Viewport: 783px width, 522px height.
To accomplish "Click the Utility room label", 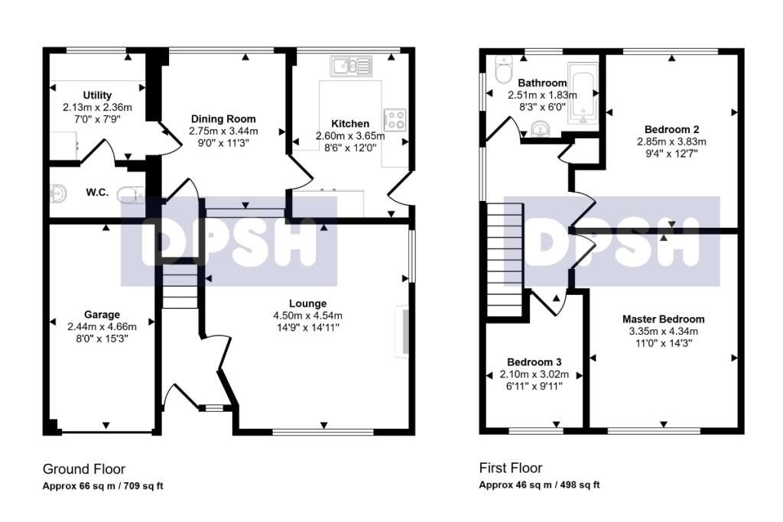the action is click(x=97, y=95).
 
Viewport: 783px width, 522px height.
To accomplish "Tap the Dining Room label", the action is click(x=223, y=118).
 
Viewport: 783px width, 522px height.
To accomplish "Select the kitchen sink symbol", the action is click(x=351, y=66).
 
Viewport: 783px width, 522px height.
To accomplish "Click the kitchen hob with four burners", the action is click(x=395, y=120).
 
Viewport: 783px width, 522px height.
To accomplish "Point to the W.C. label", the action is click(x=97, y=192).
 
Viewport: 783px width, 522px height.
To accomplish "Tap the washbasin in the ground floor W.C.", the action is click(x=58, y=194).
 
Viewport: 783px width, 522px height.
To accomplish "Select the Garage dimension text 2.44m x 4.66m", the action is click(x=102, y=327).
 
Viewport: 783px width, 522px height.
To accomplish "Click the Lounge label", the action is click(x=307, y=303).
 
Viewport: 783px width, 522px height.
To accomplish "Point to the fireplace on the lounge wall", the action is click(x=402, y=331).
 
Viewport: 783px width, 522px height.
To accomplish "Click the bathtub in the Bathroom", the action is click(x=583, y=92).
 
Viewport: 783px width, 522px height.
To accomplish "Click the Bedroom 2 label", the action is click(x=671, y=130).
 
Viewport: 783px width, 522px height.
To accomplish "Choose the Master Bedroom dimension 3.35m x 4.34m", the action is click(x=663, y=332).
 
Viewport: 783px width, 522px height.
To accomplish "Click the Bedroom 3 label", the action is click(x=534, y=362).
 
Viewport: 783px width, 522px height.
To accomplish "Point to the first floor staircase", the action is click(x=505, y=260).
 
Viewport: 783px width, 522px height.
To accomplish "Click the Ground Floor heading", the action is click(x=84, y=469).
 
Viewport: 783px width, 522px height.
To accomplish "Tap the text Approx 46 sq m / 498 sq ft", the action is click(x=539, y=485).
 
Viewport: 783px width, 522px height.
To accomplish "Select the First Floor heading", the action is click(x=510, y=468).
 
